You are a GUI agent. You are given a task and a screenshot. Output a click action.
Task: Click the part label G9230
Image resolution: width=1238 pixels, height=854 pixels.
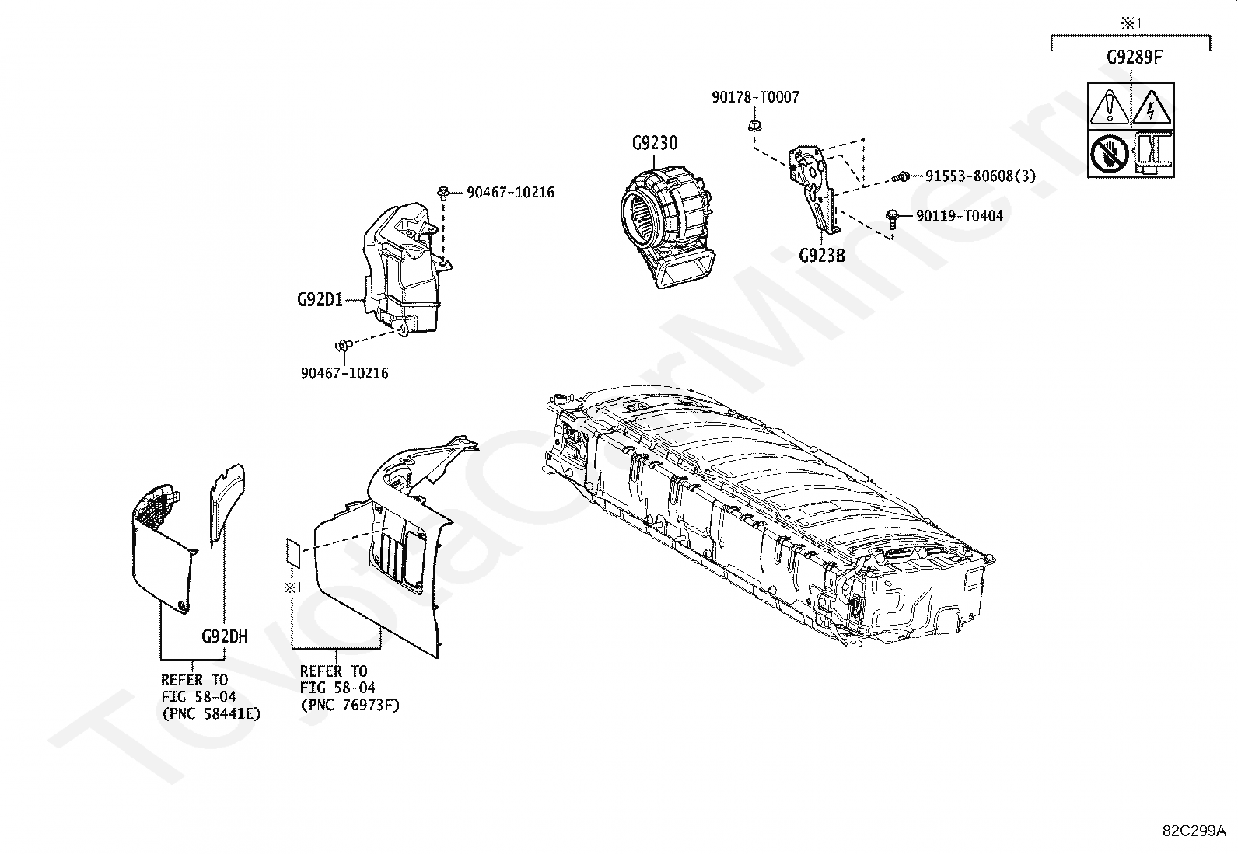[x=654, y=143]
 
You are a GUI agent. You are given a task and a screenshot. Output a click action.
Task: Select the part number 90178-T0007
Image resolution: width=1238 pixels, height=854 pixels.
[x=754, y=97]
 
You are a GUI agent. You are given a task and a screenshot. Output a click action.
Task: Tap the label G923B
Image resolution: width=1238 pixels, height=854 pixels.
[x=821, y=255]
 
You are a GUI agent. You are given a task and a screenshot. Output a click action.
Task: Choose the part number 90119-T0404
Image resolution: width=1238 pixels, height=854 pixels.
[x=959, y=215]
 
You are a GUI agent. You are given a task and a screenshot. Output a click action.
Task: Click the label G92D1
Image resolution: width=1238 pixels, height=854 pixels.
[x=320, y=299]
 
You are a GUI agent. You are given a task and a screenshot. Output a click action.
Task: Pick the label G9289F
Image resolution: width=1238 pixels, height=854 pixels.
[x=1135, y=58]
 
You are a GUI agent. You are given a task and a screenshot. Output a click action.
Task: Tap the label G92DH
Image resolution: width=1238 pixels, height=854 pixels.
[x=224, y=636]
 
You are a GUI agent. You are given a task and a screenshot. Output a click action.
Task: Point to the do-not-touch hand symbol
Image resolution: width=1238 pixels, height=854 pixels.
[x=1110, y=152]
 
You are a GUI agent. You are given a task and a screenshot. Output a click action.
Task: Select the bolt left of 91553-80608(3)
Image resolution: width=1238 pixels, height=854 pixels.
[x=904, y=176]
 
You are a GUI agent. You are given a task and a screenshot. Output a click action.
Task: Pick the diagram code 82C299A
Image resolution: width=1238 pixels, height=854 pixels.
[x=1194, y=829]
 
